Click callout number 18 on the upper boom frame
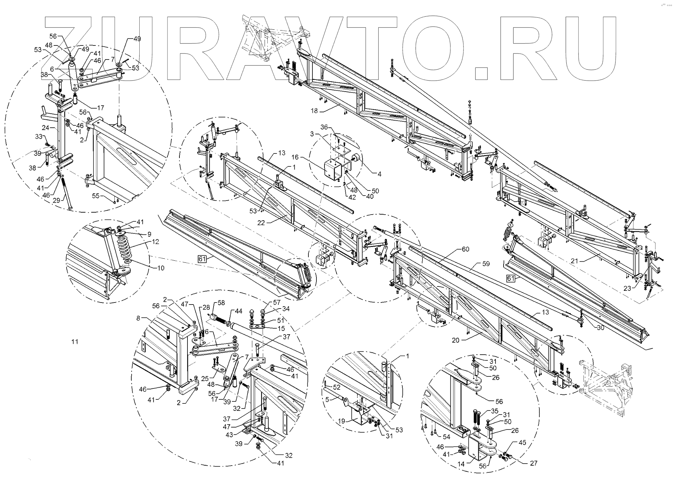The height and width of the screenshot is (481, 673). click(x=314, y=111)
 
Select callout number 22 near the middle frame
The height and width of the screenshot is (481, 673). click(x=261, y=223)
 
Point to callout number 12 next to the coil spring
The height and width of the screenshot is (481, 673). click(x=155, y=241)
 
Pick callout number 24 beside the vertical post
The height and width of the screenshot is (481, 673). click(x=45, y=127)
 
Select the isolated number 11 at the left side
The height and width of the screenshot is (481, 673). click(x=75, y=341)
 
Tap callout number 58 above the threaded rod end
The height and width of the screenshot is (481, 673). click(x=222, y=303)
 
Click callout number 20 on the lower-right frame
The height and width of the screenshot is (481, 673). click(x=456, y=340)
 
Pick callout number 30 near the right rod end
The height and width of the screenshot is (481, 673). click(x=600, y=328)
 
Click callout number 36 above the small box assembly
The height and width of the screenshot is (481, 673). click(x=324, y=127)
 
